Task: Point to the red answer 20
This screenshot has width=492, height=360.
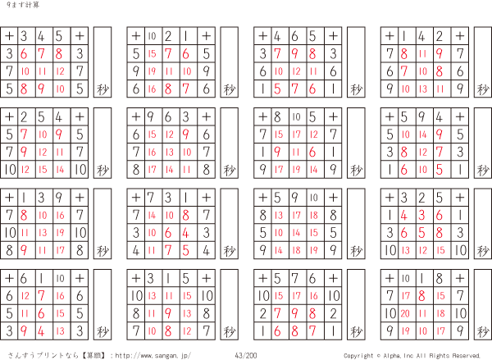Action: click(x=405, y=313)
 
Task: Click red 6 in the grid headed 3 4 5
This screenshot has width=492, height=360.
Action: click(x=25, y=54)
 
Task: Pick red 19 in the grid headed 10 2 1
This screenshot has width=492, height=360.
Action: click(x=153, y=71)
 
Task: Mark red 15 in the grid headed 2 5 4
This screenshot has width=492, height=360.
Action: click(x=43, y=169)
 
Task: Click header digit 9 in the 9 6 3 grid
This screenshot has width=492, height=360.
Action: click(x=153, y=116)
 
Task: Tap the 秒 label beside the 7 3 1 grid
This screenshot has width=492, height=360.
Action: click(x=229, y=250)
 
